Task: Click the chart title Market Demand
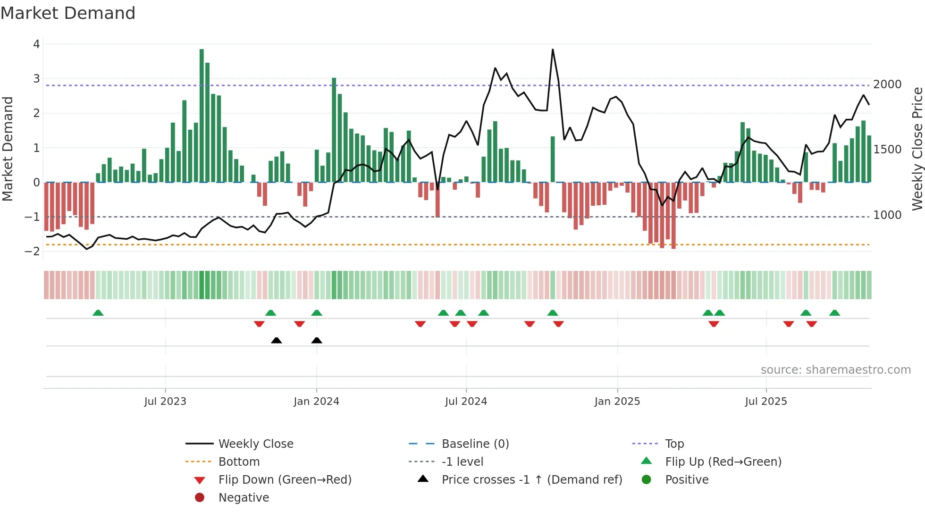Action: click(x=68, y=13)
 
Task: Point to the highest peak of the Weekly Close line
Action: click(x=553, y=50)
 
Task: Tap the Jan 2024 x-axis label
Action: click(x=316, y=402)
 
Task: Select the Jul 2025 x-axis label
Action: click(x=766, y=402)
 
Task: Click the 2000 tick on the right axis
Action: click(x=887, y=84)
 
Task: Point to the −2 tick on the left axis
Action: click(x=33, y=252)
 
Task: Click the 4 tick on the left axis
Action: click(x=36, y=44)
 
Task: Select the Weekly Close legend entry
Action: click(x=255, y=444)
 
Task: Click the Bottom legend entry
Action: click(x=239, y=462)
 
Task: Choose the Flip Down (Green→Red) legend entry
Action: click(x=285, y=480)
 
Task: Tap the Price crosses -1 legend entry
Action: click(x=531, y=480)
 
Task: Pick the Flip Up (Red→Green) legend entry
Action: click(x=723, y=462)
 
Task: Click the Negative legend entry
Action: click(x=244, y=498)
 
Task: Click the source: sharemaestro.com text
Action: click(x=835, y=370)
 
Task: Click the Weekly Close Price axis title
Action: click(x=917, y=149)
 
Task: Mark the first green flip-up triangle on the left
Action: click(x=98, y=313)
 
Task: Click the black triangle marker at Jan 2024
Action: click(x=317, y=340)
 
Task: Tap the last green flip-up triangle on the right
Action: click(x=834, y=313)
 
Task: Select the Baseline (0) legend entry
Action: click(x=475, y=444)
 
